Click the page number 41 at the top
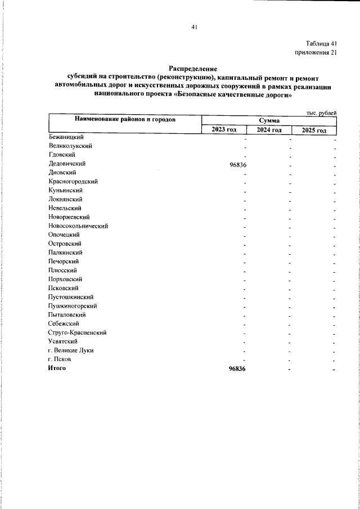click(193, 26)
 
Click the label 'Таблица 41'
click(321, 43)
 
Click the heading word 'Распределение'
click(193, 68)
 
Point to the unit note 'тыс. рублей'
click(321, 113)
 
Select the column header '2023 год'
click(224, 130)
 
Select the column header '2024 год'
click(269, 130)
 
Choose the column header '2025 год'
click(314, 130)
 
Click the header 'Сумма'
click(269, 121)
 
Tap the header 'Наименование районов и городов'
click(124, 120)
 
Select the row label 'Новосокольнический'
click(78, 226)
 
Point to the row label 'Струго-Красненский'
click(78, 332)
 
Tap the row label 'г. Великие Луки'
click(71, 350)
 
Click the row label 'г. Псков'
click(60, 359)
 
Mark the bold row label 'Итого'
click(57, 368)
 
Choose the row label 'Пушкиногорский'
click(73, 305)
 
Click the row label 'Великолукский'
click(70, 146)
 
